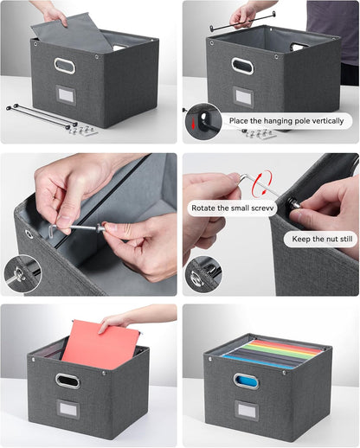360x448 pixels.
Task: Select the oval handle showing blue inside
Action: (247, 380)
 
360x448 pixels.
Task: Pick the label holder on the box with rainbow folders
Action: (247, 410)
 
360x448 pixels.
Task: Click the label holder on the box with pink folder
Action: (68, 408)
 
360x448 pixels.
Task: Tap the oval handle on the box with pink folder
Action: (67, 380)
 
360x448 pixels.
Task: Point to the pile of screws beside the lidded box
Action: (83, 130)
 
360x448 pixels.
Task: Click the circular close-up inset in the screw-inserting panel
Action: (20, 272)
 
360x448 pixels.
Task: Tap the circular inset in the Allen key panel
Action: (202, 271)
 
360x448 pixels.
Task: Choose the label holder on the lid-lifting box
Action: (64, 97)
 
